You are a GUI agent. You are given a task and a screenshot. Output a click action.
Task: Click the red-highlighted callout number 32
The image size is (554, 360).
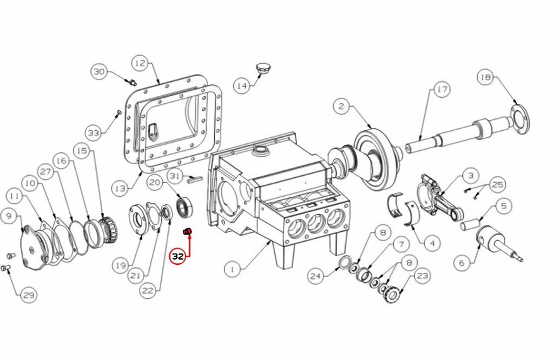click(x=177, y=257)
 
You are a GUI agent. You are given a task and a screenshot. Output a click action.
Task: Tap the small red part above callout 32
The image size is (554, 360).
click(x=187, y=231)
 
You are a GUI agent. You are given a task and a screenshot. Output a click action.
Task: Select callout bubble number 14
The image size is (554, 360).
click(x=242, y=86)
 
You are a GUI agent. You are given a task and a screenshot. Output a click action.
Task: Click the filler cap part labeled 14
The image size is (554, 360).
click(x=262, y=69)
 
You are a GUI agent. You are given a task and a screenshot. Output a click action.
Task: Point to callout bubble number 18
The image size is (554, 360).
click(x=485, y=77)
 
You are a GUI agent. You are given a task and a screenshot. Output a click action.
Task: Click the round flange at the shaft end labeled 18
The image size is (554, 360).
click(x=520, y=119)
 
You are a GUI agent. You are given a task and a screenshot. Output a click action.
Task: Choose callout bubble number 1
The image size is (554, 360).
click(x=233, y=270)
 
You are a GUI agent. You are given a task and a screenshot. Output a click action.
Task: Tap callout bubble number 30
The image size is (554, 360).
click(x=100, y=72)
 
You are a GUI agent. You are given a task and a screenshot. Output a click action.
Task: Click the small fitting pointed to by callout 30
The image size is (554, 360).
click(x=133, y=83)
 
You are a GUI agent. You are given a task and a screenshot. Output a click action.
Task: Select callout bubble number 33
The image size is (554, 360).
click(x=94, y=133)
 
